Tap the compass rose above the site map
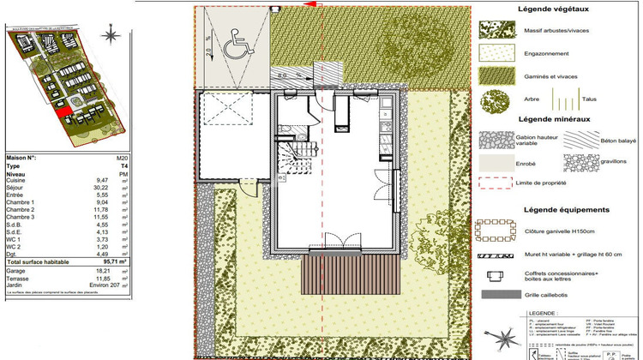click(x=110, y=35)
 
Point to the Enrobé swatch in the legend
click(x=496, y=163)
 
